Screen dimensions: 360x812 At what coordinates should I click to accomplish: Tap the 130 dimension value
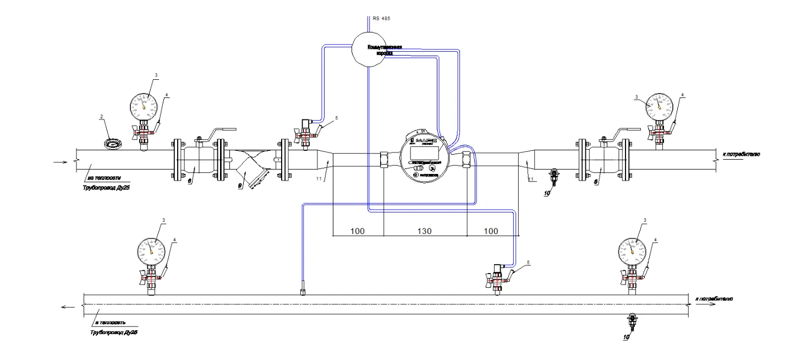[424, 231]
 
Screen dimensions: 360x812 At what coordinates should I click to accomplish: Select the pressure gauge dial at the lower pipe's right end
[633, 252]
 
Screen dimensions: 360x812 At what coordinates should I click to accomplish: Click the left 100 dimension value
[358, 231]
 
